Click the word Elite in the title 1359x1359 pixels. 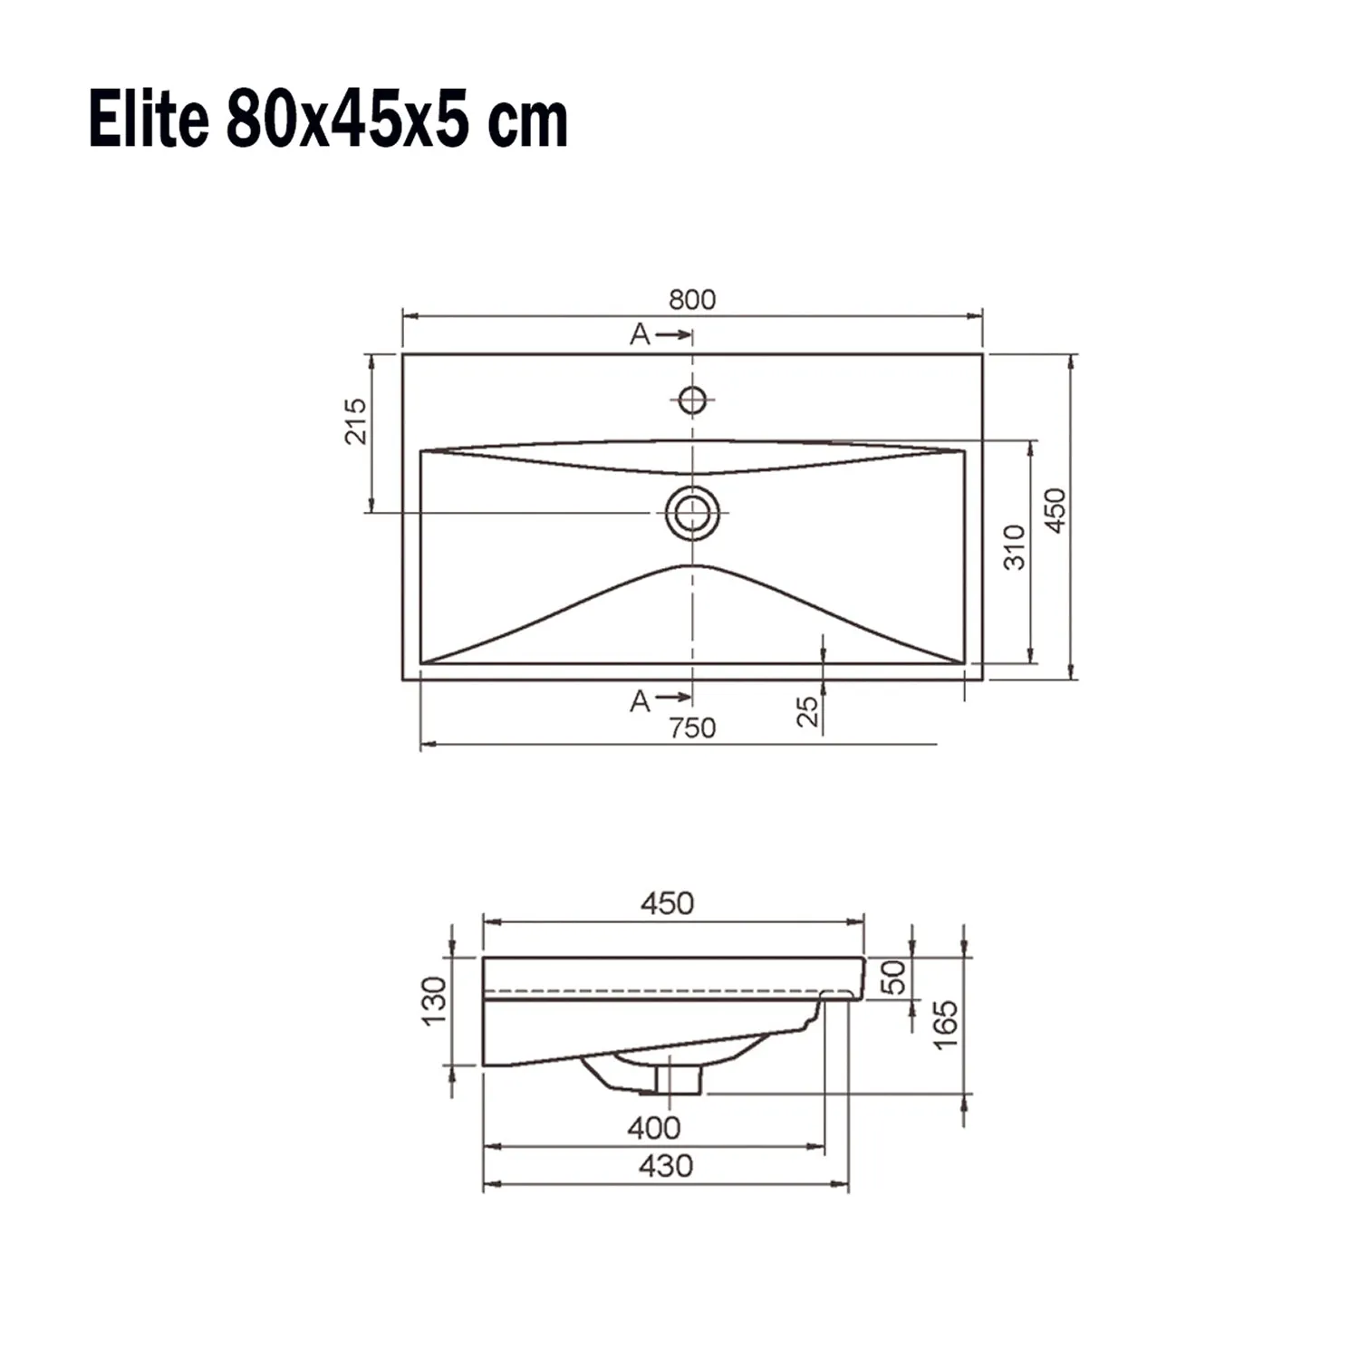click(149, 120)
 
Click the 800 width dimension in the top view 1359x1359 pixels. click(691, 299)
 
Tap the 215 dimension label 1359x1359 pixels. click(355, 421)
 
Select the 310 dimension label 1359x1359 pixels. click(1015, 547)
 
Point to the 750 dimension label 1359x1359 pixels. click(692, 728)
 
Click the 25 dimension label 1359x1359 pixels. click(807, 710)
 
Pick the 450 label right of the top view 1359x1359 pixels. click(1056, 510)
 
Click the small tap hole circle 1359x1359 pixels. click(692, 399)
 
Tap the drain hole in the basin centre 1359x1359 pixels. click(692, 513)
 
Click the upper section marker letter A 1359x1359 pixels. click(640, 335)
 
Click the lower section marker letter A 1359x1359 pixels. click(640, 701)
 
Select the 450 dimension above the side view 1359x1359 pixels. click(667, 903)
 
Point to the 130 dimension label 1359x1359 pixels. click(435, 1001)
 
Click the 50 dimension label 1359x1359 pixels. click(894, 978)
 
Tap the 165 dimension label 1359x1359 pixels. click(945, 1025)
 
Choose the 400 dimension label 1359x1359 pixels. click(653, 1128)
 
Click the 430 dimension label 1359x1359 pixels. click(666, 1166)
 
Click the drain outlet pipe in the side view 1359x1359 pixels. click(678, 1078)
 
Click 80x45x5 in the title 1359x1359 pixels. click(347, 120)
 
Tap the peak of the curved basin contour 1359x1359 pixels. click(692, 566)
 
